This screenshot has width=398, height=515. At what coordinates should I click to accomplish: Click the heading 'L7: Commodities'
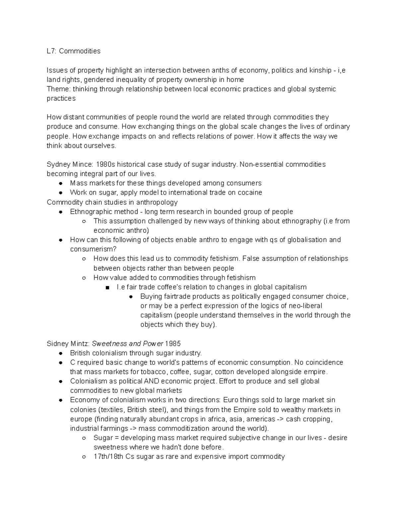73,51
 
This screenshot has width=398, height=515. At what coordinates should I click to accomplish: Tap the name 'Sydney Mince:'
70,164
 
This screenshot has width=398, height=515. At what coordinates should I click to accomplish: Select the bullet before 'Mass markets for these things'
61,183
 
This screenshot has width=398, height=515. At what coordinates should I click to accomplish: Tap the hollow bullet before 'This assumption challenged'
84,221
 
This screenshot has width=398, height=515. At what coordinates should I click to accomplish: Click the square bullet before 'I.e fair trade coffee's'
107,288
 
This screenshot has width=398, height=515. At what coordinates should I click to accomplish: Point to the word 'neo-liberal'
305,306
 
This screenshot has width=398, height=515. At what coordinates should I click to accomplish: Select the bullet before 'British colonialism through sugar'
61,353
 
